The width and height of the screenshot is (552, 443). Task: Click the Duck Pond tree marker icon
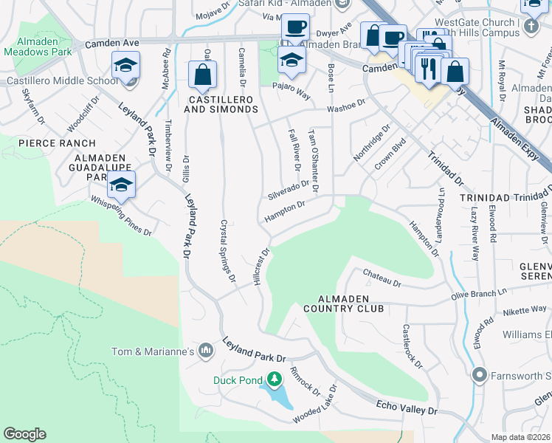click(x=275, y=380)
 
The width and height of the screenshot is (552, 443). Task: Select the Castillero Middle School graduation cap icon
click(x=125, y=66)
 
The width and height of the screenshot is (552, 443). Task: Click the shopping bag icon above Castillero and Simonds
click(x=202, y=74)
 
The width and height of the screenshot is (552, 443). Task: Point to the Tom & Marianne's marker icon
click(x=206, y=350)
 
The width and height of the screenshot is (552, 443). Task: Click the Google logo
click(x=24, y=434)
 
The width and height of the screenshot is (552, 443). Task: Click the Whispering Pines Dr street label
click(x=120, y=216)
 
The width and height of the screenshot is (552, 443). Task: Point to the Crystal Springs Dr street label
click(x=227, y=250)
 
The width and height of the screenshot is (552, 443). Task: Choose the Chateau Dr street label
click(x=382, y=278)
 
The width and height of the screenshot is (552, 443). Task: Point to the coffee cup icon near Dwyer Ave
click(x=296, y=27)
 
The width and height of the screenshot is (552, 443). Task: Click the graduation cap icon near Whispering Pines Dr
click(x=121, y=184)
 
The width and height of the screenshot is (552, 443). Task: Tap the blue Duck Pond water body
click(x=280, y=398)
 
